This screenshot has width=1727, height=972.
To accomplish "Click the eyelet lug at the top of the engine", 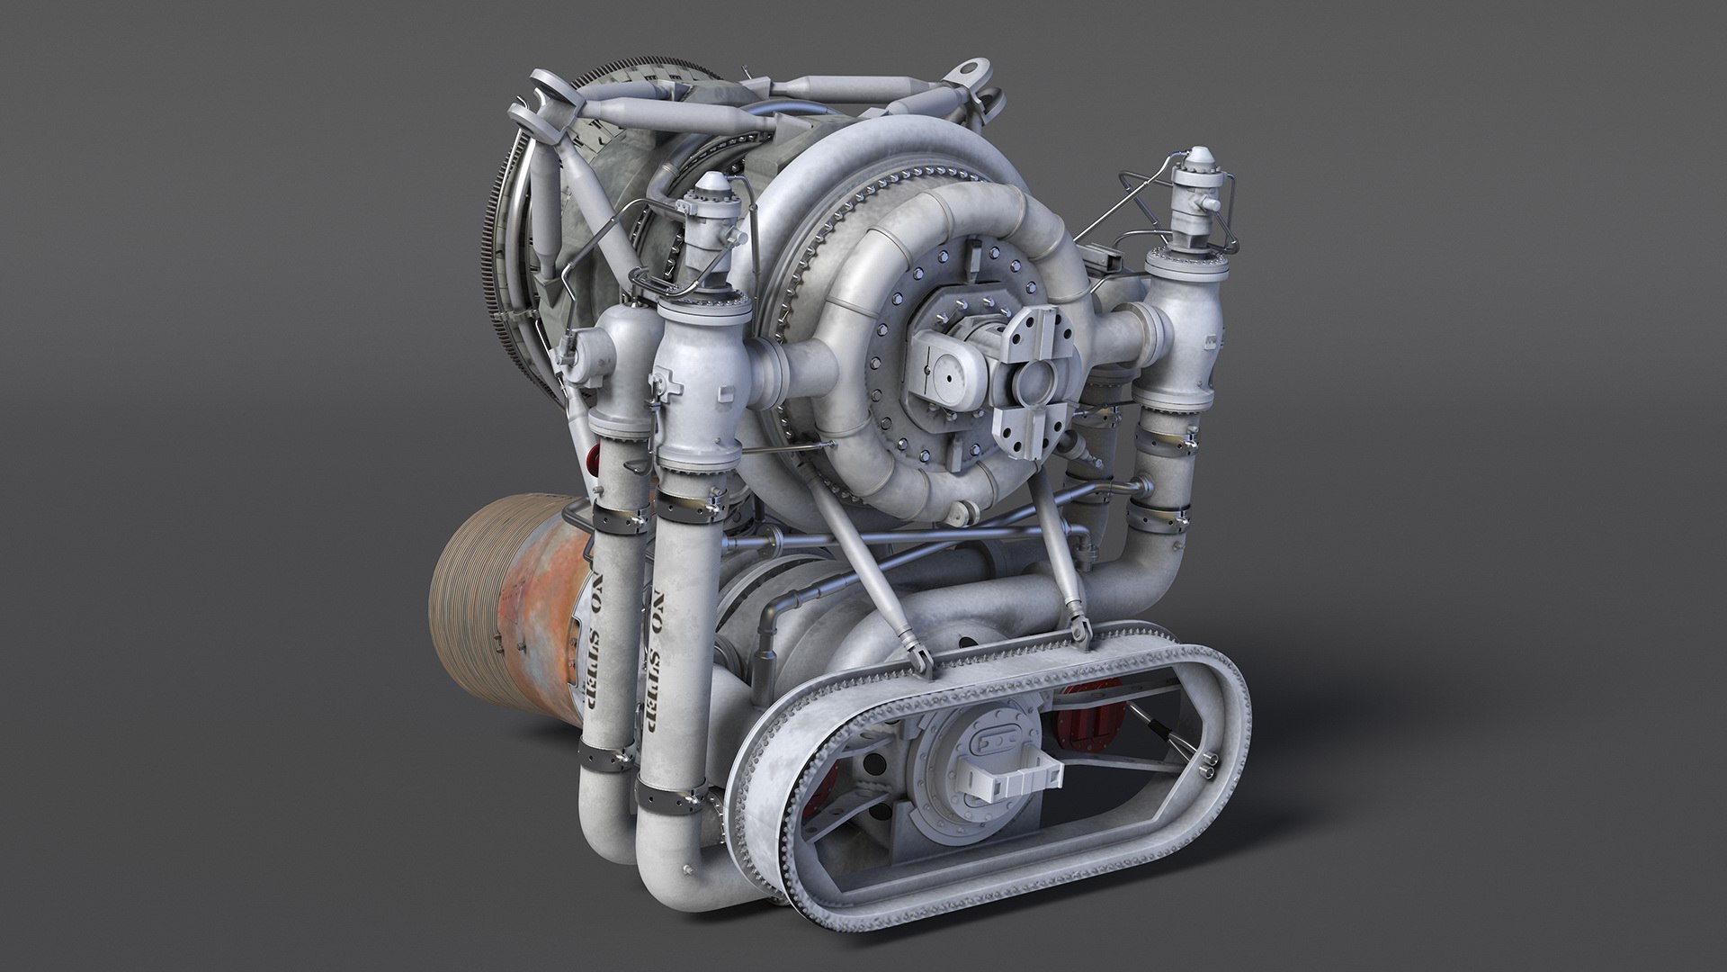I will [971, 72].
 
